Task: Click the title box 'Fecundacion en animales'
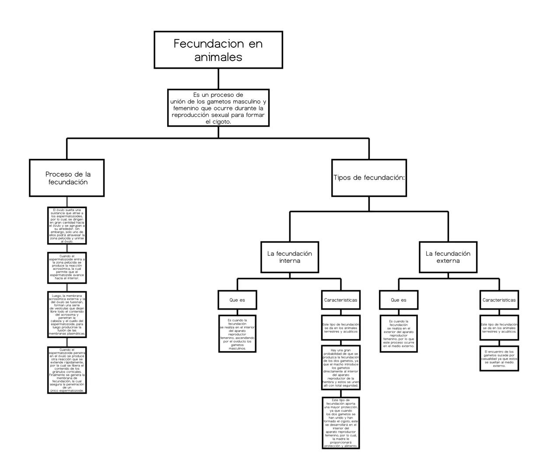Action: coord(218,50)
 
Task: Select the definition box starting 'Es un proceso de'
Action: coord(218,108)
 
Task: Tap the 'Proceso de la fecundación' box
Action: coord(67,178)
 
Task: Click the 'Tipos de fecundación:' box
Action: coord(369,178)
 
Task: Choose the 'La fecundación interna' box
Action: coord(289,257)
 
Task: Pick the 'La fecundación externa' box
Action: coord(448,257)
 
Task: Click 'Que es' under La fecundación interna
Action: coord(237,300)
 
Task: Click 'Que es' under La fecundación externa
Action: coord(398,300)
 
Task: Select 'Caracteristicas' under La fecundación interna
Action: coord(340,300)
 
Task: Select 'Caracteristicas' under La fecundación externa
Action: coord(499,300)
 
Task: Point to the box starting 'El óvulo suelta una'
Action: coord(67,226)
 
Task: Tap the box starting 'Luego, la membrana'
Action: coord(67,314)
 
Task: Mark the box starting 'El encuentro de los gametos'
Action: coord(499,358)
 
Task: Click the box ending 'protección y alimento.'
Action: coord(340,423)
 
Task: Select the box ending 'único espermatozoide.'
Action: coord(67,370)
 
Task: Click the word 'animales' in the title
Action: coord(218,57)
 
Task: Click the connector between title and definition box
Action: coord(218,79)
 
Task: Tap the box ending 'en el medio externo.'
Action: coord(398,334)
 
